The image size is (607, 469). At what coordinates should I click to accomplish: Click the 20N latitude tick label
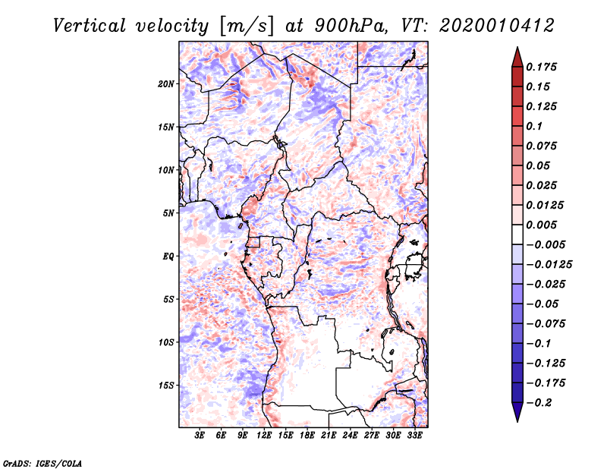(x=165, y=84)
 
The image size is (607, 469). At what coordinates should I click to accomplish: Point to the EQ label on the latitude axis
(x=168, y=257)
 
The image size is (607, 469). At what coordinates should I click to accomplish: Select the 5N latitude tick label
(x=168, y=213)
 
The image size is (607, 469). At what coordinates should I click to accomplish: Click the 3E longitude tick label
(x=199, y=436)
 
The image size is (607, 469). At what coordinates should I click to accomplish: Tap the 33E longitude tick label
(x=414, y=436)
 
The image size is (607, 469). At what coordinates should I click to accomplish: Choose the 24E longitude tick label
(x=350, y=436)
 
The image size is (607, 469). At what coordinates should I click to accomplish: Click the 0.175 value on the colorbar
(x=541, y=67)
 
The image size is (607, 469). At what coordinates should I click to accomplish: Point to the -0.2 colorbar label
(x=539, y=403)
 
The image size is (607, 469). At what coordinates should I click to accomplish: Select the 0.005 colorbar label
(x=541, y=225)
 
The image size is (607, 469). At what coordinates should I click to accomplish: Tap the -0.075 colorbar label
(x=546, y=324)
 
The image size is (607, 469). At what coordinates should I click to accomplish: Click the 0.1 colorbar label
(x=534, y=126)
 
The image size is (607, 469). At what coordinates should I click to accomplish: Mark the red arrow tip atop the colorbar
(x=517, y=47)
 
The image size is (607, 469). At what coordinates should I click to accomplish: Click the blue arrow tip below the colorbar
(x=517, y=421)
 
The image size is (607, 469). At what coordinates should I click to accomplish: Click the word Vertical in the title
(x=90, y=26)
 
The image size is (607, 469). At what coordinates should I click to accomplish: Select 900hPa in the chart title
(x=351, y=26)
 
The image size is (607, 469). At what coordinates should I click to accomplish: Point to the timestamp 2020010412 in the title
(x=497, y=26)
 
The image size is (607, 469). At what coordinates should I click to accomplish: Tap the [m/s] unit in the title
(x=247, y=27)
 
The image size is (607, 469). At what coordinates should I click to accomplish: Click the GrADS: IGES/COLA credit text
(x=42, y=464)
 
